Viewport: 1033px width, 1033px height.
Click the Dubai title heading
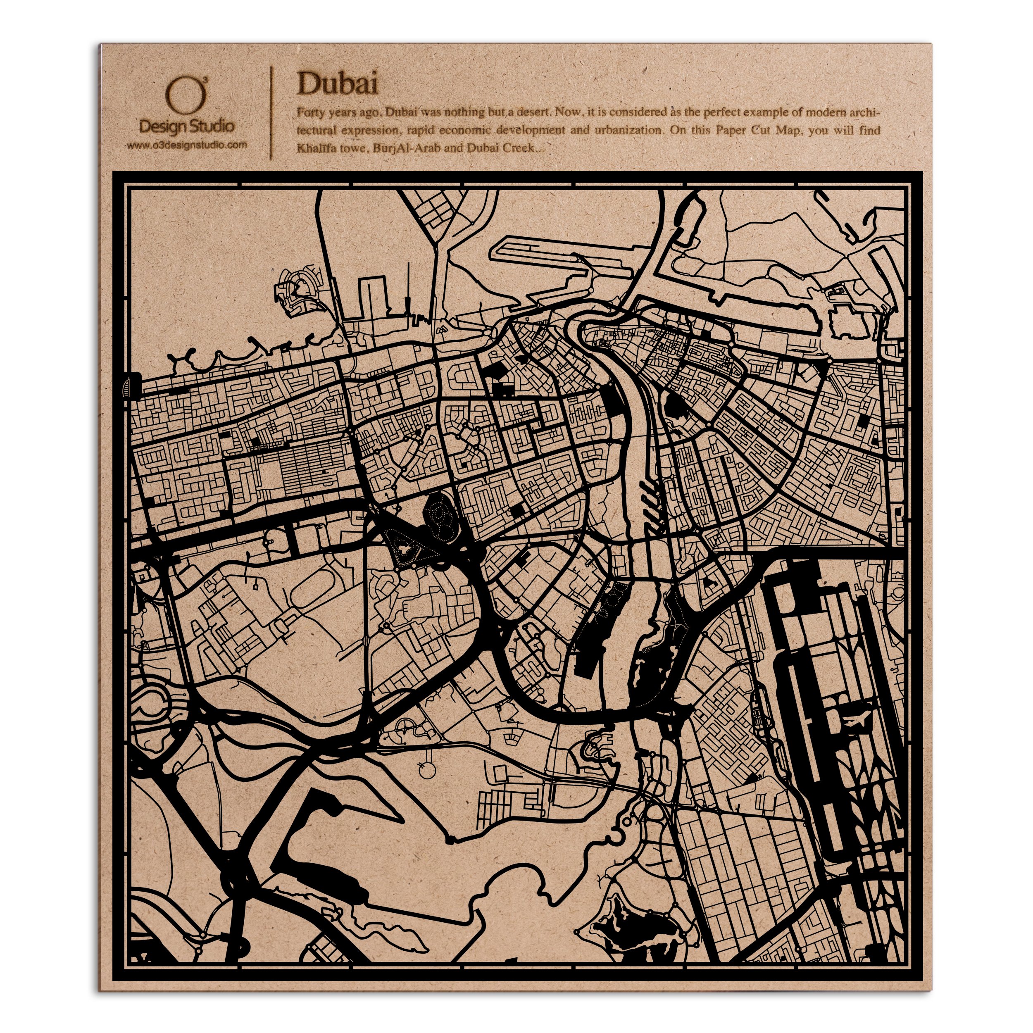click(338, 84)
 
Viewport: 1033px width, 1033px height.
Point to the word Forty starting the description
click(310, 112)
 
